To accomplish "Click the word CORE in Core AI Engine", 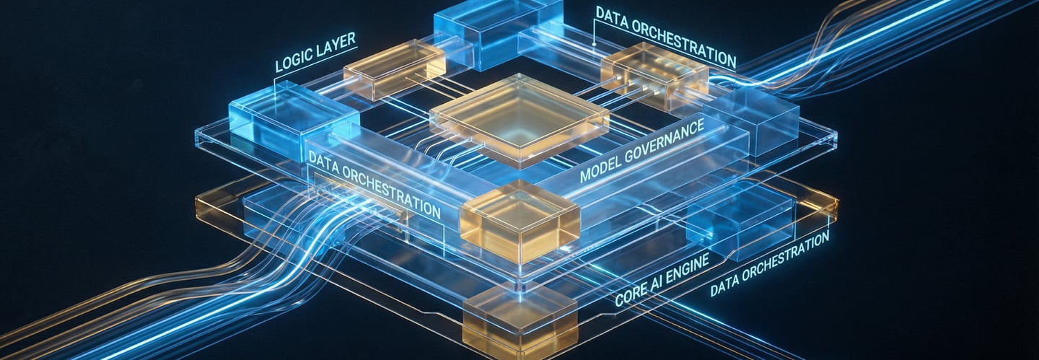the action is coord(634,291).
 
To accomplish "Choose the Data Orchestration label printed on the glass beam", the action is coord(374,185).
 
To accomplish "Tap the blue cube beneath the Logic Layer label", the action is coord(292,119).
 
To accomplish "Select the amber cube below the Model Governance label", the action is coord(519,220).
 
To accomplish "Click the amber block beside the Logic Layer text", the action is coord(394,69).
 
